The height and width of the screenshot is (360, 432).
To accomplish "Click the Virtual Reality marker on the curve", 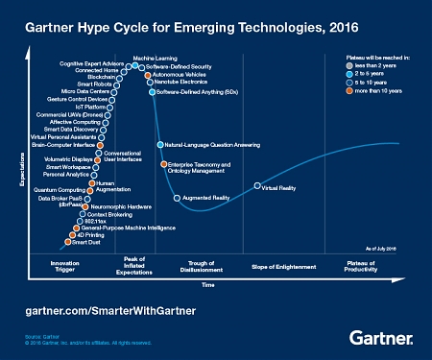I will (x=256, y=186).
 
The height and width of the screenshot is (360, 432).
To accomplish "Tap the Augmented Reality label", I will (x=205, y=197).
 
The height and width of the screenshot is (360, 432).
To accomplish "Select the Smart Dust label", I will (x=85, y=243).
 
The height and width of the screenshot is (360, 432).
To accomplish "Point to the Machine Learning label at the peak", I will (x=149, y=59).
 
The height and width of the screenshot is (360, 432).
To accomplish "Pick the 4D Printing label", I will (x=88, y=235).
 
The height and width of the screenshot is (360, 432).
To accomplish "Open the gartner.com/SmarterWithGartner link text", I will (x=116, y=312).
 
